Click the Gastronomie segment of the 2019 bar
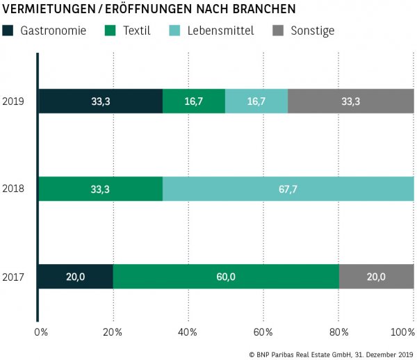100,101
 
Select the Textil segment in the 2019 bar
194,101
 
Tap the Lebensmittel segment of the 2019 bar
256,101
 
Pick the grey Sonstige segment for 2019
351,101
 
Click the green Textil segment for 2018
100,189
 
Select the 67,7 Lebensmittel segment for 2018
288,189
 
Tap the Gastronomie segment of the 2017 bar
75,277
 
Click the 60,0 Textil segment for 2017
226,277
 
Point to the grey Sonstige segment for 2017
376,277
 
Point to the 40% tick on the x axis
188,332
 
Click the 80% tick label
338,332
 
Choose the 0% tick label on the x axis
40,332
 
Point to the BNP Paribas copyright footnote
330,354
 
